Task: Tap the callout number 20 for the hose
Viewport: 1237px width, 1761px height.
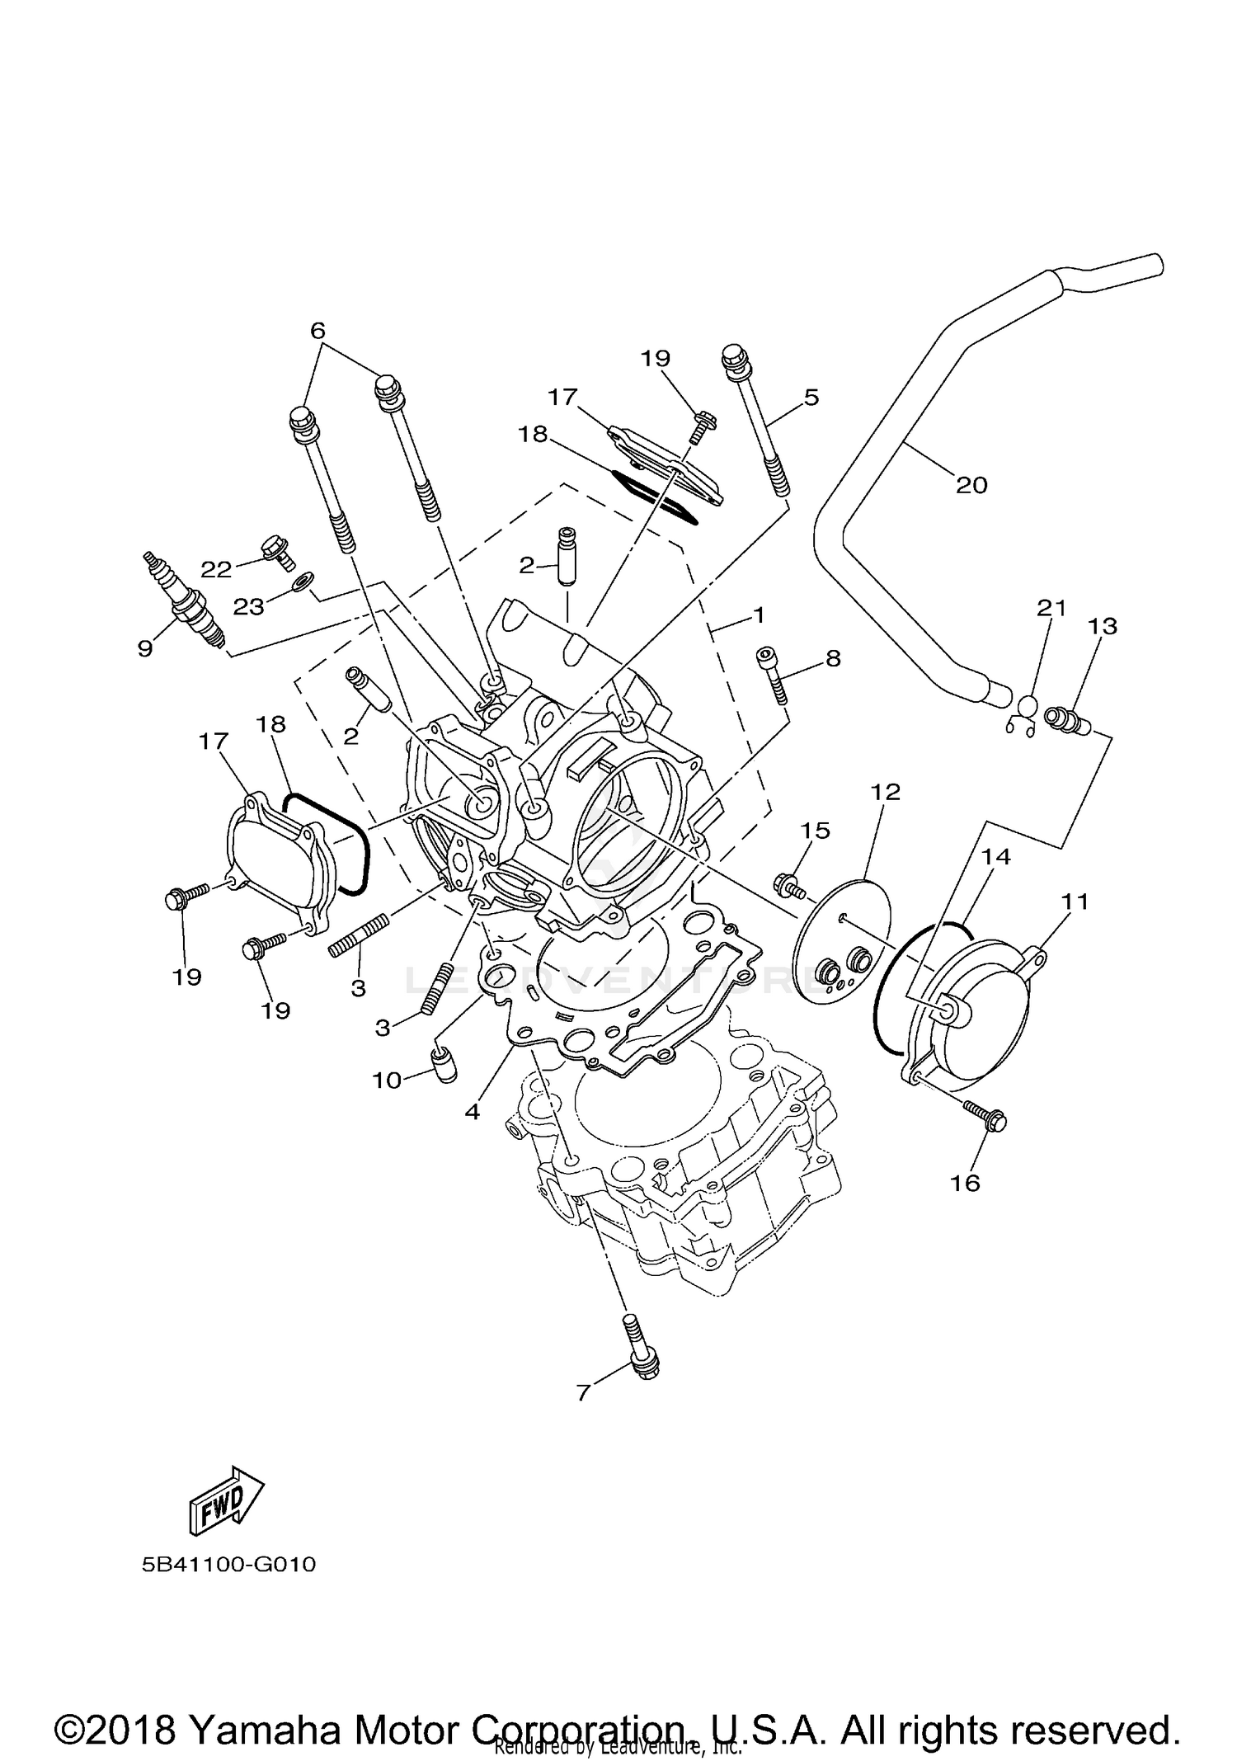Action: pos(971,485)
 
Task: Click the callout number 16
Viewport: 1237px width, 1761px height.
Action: pos(965,1184)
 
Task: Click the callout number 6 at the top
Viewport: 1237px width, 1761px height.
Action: pos(317,331)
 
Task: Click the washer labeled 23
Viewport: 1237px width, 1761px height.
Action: pos(303,582)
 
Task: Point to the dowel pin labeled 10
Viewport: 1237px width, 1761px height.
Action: pos(444,1065)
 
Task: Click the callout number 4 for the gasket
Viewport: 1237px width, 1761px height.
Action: pos(472,1113)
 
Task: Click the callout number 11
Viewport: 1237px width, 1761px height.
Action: pos(1075,902)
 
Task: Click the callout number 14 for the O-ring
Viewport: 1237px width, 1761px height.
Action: pos(995,857)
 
